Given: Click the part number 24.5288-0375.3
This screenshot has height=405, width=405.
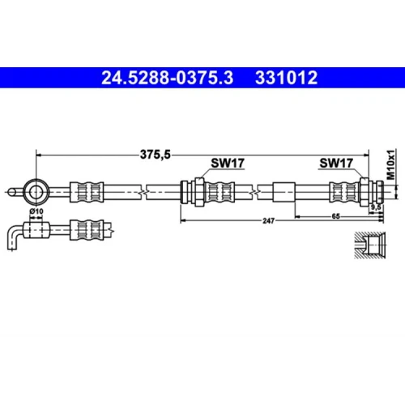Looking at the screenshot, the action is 167,78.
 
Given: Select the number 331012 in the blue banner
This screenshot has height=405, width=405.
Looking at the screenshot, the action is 286,78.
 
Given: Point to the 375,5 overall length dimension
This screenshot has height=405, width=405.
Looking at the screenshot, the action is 156,155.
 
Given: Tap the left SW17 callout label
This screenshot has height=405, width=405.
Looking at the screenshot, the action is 228,163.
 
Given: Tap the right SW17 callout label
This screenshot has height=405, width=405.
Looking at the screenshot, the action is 336,163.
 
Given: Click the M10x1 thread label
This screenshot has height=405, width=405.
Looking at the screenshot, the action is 390,164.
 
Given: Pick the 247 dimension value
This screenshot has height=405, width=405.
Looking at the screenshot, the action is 268,221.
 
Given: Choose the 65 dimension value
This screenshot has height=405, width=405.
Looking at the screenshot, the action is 335,216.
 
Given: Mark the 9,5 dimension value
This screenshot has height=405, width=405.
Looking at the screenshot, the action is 376,207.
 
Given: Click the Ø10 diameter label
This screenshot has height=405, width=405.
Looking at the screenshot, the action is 36,211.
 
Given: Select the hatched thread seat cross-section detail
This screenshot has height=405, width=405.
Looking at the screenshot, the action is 370,245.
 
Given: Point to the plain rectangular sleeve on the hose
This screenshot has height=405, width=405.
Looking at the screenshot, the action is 284,192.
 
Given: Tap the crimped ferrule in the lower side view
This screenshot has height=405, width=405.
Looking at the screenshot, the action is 87,230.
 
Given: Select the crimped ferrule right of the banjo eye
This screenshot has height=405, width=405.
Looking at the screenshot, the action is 87,192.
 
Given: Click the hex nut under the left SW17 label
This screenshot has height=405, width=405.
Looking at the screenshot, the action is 199,192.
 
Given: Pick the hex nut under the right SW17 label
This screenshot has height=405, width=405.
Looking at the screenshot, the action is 364,192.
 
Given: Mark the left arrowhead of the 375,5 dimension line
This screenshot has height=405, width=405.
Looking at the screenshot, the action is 39,155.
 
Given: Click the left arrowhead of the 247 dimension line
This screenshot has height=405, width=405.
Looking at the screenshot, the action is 183,220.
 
